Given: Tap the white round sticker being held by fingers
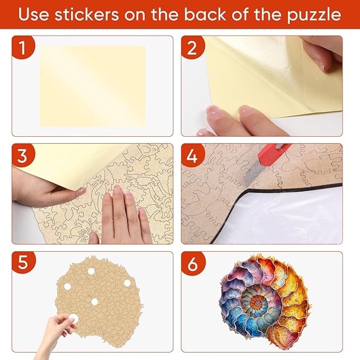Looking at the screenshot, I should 72,319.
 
